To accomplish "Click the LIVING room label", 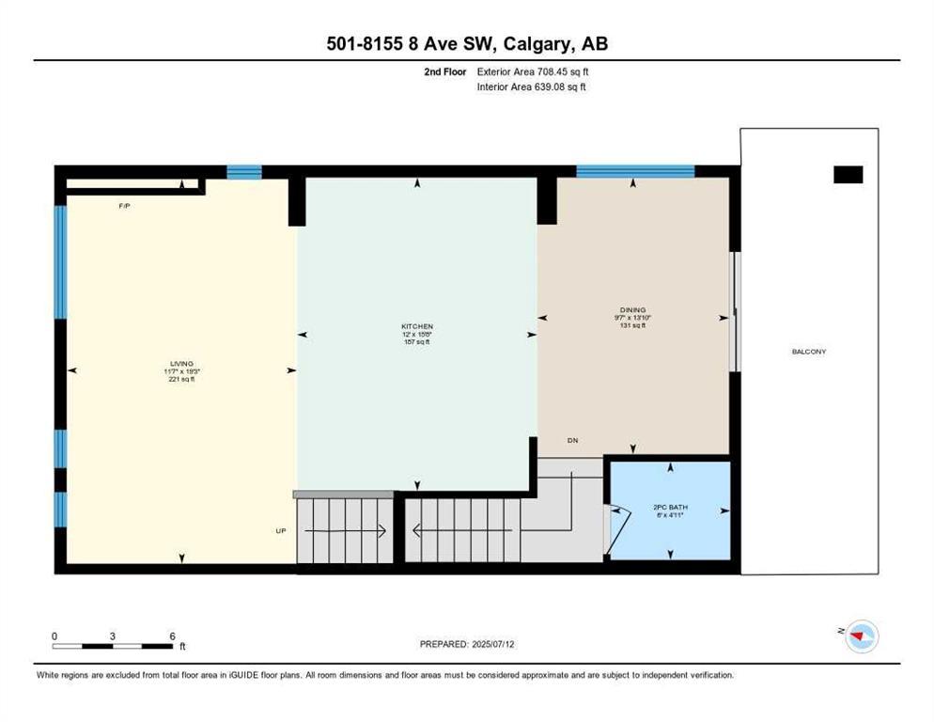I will pos(181,362).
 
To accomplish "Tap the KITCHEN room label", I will pos(416,326).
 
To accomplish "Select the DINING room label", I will pos(632,309).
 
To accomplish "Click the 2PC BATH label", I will pos(667,508).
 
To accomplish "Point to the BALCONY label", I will pos(808,352).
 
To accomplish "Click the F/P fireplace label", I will pos(123,205).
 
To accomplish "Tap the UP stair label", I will pos(280,531).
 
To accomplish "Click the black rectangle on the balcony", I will pos(848,174).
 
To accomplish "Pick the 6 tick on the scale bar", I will pos(172,636).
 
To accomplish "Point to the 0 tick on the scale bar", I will pos(54,636).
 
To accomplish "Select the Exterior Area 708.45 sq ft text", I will pos(533,71).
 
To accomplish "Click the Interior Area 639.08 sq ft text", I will pos(532,87).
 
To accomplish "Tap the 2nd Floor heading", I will pos(444,71).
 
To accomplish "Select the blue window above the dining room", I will pos(634,171).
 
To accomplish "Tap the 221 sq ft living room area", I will pos(181,379).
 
